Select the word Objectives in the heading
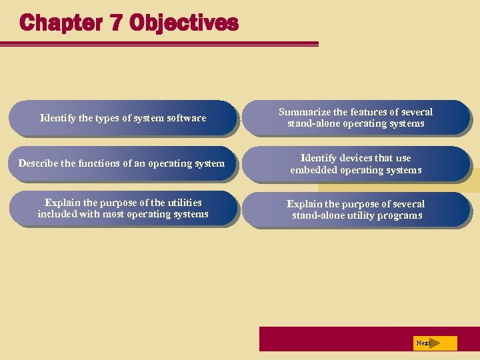point(183,23)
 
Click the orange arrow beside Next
point(435,343)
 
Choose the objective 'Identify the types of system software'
point(123,118)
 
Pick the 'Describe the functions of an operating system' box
point(121,163)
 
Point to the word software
point(187,118)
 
